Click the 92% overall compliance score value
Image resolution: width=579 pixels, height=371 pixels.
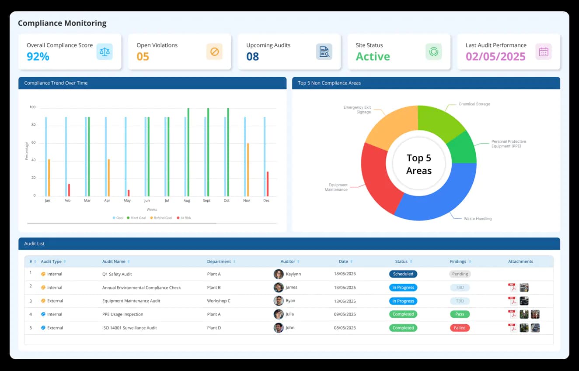38,57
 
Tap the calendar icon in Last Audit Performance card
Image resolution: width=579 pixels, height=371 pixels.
544,52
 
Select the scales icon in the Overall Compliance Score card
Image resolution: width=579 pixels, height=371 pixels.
105,52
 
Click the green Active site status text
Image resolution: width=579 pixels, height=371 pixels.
373,57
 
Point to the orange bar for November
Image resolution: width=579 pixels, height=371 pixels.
248,170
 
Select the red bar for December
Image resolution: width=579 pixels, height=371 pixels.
268,184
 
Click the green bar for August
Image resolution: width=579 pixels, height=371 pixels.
188,152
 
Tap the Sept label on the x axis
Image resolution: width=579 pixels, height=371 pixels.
206,201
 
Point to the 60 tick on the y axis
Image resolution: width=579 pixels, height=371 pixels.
33,143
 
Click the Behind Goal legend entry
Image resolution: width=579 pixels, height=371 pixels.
161,218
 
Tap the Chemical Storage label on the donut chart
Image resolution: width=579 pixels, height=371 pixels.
474,104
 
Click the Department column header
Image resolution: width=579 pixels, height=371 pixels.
219,261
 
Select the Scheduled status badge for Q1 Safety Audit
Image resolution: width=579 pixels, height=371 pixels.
403,274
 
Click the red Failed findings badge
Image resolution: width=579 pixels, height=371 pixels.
460,328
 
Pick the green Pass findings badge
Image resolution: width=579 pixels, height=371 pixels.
460,314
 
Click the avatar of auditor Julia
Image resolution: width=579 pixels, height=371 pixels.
279,314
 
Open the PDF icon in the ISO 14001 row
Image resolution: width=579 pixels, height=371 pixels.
512,328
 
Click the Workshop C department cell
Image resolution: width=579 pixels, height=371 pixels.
219,301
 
